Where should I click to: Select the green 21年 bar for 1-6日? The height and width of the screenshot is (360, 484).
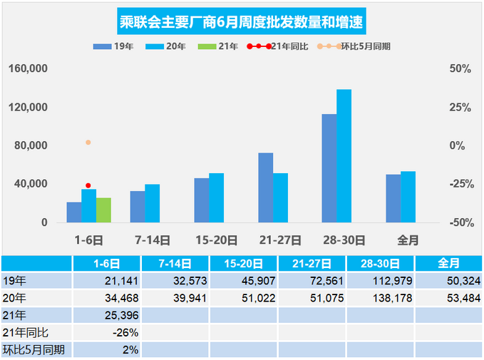coord(103,210)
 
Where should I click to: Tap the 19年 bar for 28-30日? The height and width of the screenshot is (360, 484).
coord(329,168)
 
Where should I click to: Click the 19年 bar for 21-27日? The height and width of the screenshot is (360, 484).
coord(265,187)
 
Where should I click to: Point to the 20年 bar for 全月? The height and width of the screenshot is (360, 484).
coord(408,197)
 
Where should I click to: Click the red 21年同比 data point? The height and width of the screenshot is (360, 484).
coord(88,185)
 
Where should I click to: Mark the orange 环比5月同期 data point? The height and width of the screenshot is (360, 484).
coord(88,143)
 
